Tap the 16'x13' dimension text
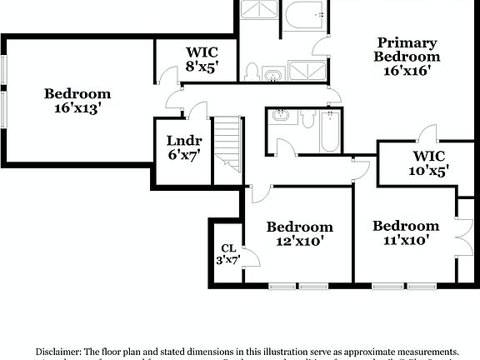tap(77, 108)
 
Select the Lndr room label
tap(183, 141)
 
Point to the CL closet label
tap(228, 248)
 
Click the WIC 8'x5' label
tap(202, 60)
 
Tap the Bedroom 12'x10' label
tap(299, 234)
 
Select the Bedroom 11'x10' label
tap(405, 233)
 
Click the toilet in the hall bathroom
tap(307, 122)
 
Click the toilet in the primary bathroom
tap(252, 70)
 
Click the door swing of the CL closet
tap(250, 257)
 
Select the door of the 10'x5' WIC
tap(427, 133)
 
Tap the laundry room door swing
tap(198, 109)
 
